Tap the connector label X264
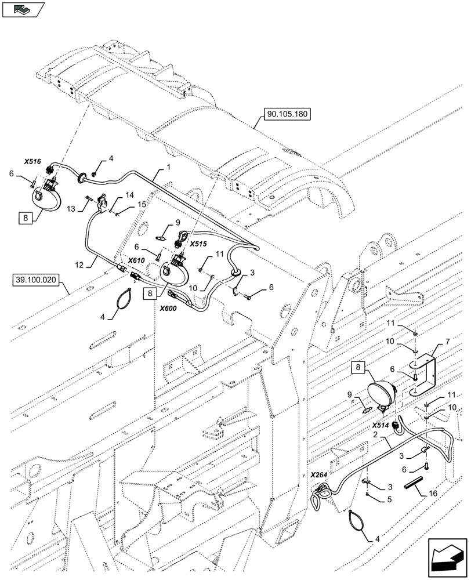pos(319,474)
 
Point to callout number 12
pos(79,265)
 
